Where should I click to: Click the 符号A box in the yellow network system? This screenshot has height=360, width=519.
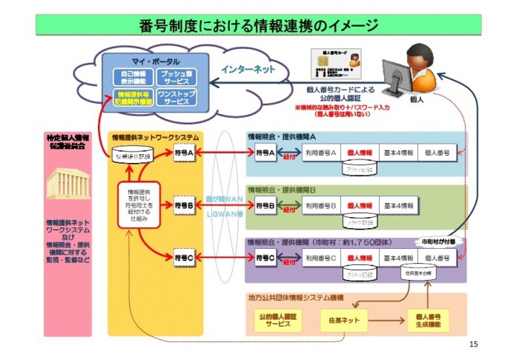coord(182,153)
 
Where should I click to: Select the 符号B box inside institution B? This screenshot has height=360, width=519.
coord(265,204)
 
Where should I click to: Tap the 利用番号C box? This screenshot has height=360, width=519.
coord(321,258)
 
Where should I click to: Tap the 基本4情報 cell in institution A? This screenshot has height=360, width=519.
coord(398,153)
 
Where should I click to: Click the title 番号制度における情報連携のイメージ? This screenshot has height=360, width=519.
coord(259,25)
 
